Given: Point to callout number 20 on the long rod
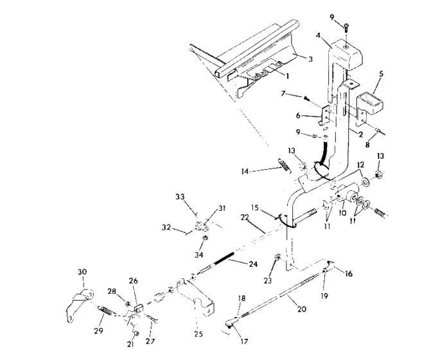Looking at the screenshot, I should click(302, 309).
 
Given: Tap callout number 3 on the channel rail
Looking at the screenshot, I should click(310, 59).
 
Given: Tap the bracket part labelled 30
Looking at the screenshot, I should click(77, 303).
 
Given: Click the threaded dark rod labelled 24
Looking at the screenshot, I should click(224, 261).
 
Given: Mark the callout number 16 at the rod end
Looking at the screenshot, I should click(349, 273).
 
